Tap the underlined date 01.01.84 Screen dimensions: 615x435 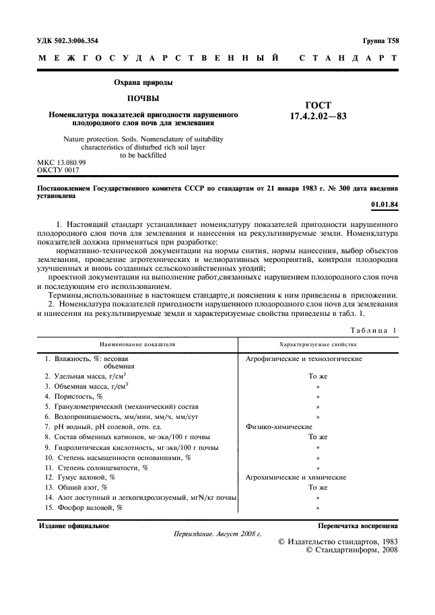384,205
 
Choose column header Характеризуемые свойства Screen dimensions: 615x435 318,344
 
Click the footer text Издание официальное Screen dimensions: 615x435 74,525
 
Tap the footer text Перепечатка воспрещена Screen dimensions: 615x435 358,525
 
